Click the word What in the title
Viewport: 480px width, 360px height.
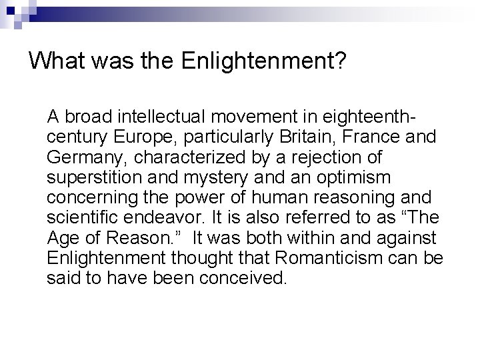[x=56, y=62]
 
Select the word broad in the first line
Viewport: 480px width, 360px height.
[x=89, y=118]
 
